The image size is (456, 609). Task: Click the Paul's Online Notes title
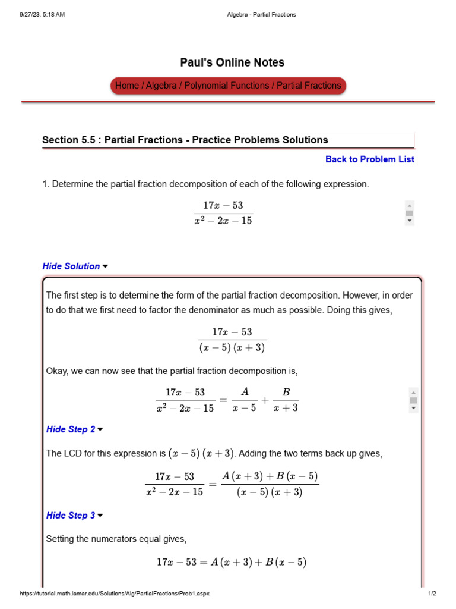[x=232, y=62]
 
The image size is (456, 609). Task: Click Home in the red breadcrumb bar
[x=126, y=86]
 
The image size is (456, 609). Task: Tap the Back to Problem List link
[x=370, y=159]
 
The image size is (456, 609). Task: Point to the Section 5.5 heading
[x=185, y=140]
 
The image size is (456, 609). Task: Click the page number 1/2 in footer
[x=432, y=594]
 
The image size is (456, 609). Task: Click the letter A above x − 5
[x=244, y=392]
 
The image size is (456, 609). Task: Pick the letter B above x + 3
[x=286, y=392]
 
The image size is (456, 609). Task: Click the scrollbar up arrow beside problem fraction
[x=410, y=205]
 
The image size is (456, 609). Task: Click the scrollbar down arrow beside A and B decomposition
[x=413, y=409]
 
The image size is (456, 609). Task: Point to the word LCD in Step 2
[x=72, y=454]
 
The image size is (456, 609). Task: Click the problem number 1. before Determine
[x=46, y=184]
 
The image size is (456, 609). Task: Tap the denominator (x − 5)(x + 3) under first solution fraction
[x=232, y=347]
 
